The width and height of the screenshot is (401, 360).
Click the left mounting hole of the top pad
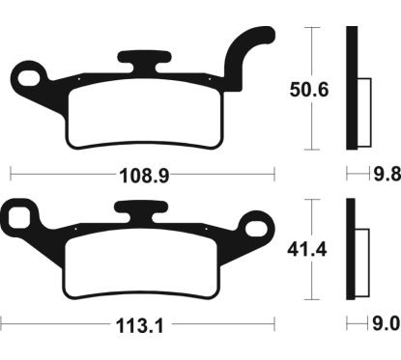[28, 74]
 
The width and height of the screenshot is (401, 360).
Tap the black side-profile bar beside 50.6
[352, 87]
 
